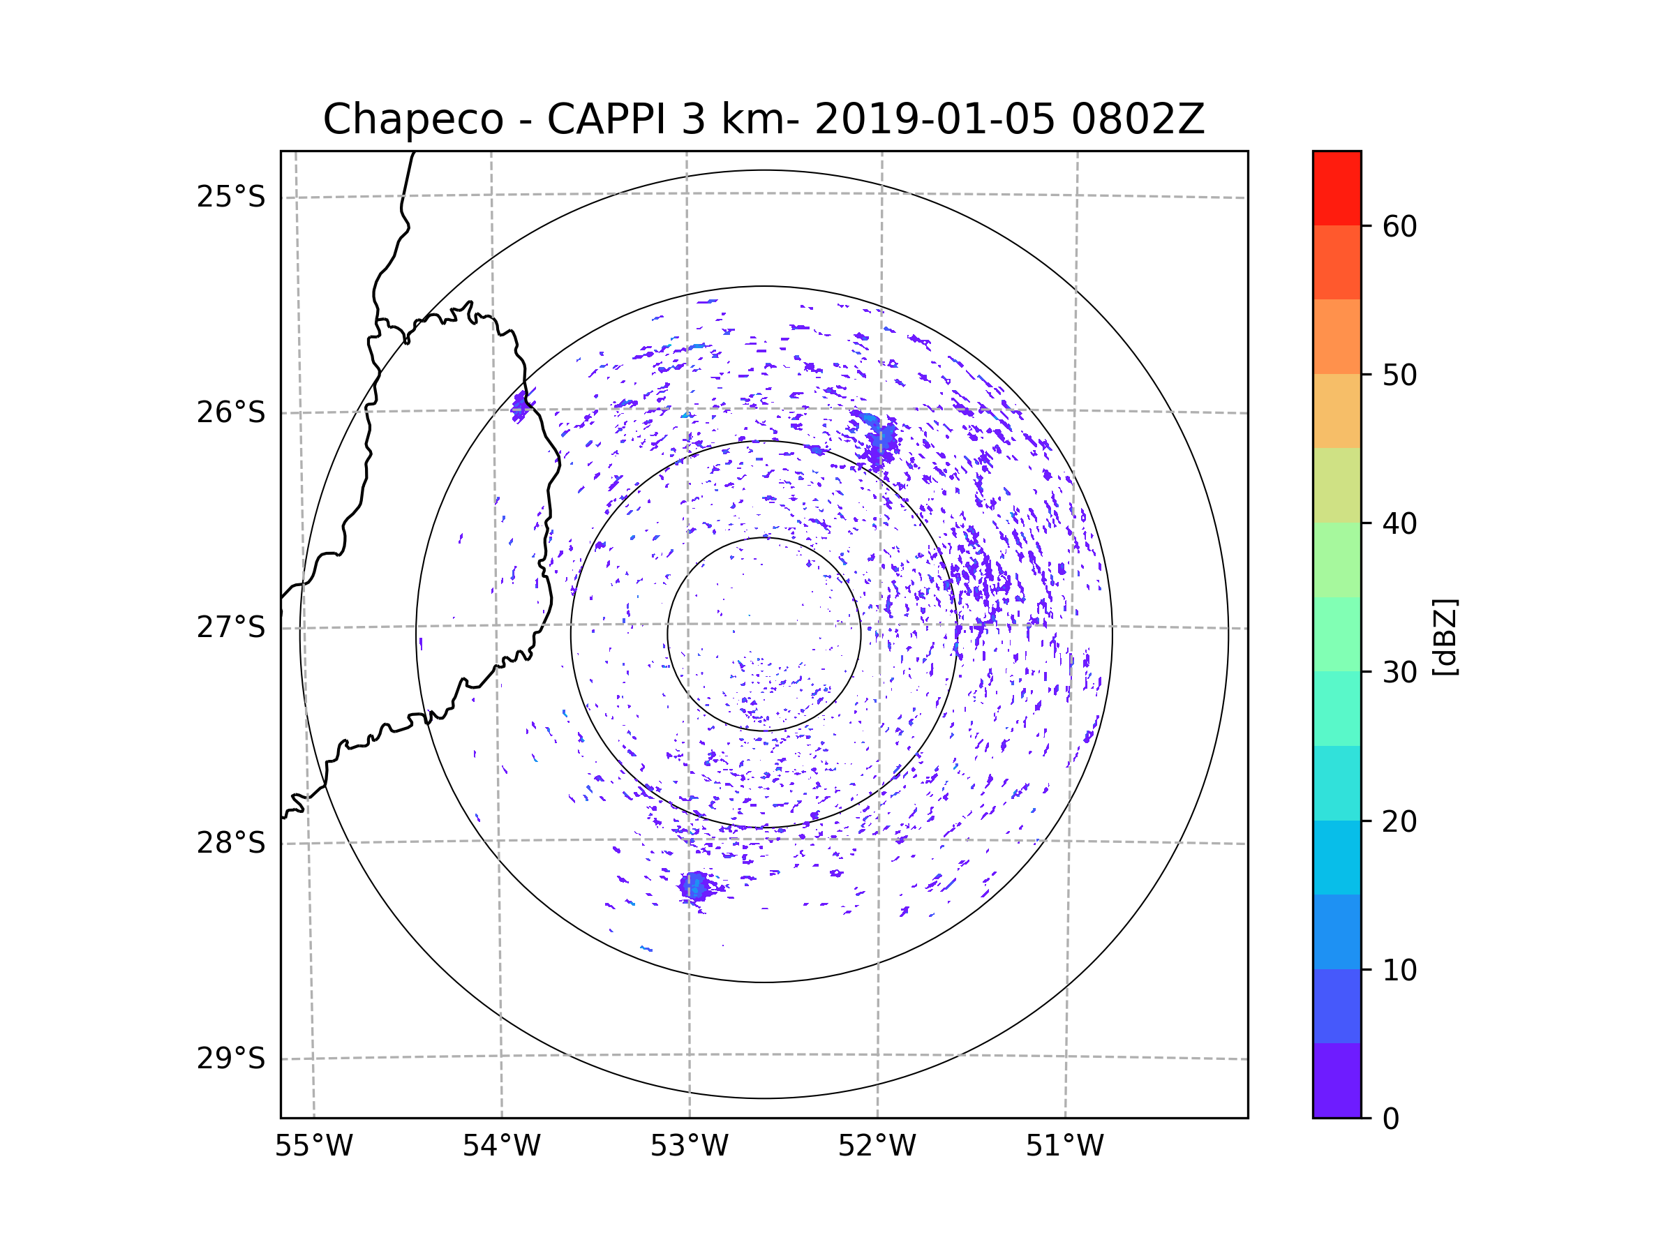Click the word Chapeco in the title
(x=412, y=119)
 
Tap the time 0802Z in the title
(x=1138, y=119)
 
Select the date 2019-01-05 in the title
(x=935, y=119)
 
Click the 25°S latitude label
(x=231, y=197)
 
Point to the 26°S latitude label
(x=231, y=412)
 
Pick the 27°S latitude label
(x=231, y=627)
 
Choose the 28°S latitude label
(x=231, y=843)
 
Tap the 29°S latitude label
(x=231, y=1059)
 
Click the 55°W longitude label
(x=313, y=1146)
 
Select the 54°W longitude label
(x=501, y=1146)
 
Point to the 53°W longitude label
(x=689, y=1146)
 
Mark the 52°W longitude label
(x=877, y=1146)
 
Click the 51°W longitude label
(x=1064, y=1146)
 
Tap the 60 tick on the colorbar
(x=1399, y=226)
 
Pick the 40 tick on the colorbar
(x=1399, y=523)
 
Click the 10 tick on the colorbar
(x=1399, y=970)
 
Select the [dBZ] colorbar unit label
(x=1445, y=636)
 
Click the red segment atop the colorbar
(x=1337, y=188)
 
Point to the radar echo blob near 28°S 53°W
(x=694, y=885)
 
